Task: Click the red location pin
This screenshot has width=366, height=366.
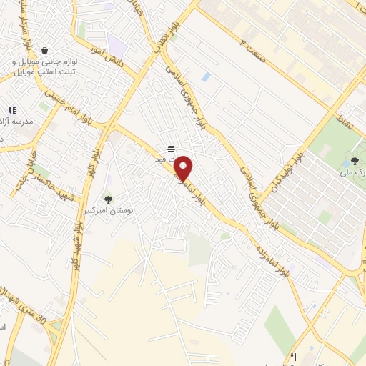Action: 184,168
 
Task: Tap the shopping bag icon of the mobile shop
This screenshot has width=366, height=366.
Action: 46,51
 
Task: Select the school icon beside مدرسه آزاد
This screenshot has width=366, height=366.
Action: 13,110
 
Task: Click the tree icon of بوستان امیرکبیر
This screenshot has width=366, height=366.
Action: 108,199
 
